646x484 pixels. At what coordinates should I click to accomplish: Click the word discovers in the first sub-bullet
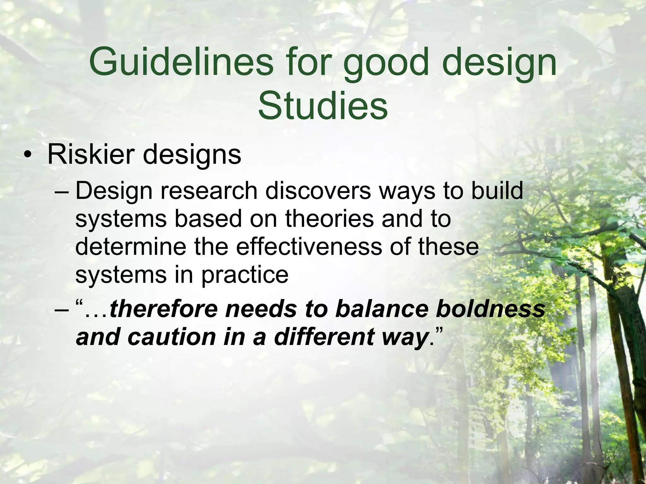pos(318,191)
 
